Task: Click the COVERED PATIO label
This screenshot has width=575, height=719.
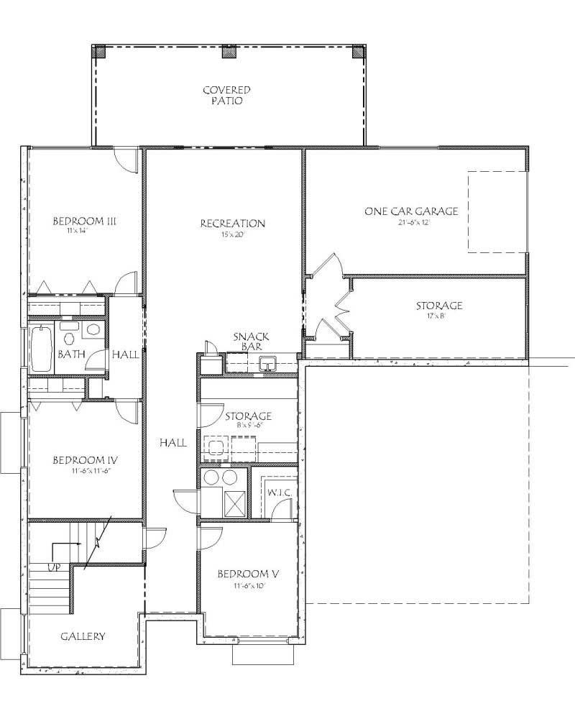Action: click(x=226, y=96)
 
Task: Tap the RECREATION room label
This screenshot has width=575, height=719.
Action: click(x=232, y=224)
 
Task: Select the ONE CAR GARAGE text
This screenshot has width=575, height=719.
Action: click(x=411, y=211)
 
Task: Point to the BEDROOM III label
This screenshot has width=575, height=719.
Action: click(x=85, y=221)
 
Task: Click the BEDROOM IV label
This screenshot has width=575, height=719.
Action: click(x=85, y=460)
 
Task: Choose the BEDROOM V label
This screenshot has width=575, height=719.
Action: click(x=248, y=574)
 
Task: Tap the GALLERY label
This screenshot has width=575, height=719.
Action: click(x=83, y=636)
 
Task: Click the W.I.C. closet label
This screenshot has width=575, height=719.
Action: click(x=278, y=493)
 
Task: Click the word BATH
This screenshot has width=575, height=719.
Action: click(x=70, y=354)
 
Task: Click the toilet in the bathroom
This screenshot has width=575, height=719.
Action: click(x=70, y=336)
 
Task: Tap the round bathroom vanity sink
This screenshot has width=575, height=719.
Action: click(x=93, y=331)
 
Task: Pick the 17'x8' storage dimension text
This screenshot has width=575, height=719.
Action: click(x=438, y=316)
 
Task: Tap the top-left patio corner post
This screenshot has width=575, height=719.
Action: click(x=99, y=52)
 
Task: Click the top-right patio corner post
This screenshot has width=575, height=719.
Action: click(x=359, y=52)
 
